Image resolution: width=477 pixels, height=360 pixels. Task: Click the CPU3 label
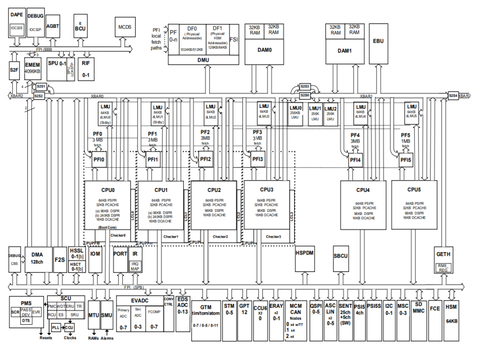coord(266,189)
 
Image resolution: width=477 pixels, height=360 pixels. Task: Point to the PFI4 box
coord(355,160)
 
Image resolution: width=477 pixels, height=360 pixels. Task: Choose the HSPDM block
coord(305,253)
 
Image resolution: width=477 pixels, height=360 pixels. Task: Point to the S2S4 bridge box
coord(453,95)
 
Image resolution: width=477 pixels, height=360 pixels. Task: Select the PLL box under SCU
coord(57,328)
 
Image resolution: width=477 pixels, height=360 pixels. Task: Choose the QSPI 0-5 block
coord(315,308)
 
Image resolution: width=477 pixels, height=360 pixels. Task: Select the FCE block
coord(435,308)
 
